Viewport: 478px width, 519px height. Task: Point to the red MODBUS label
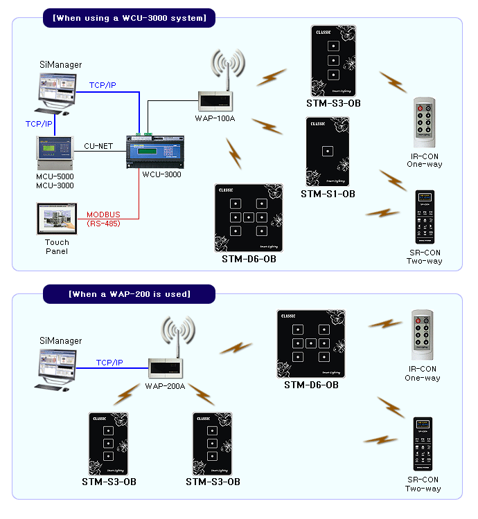click(103, 215)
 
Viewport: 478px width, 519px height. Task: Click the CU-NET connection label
click(98, 146)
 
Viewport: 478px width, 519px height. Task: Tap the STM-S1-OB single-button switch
click(328, 152)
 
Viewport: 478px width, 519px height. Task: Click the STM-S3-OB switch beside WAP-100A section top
click(333, 62)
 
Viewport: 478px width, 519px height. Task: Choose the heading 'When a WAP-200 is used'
click(130, 294)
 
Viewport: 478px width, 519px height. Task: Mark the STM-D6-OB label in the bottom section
click(311, 385)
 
